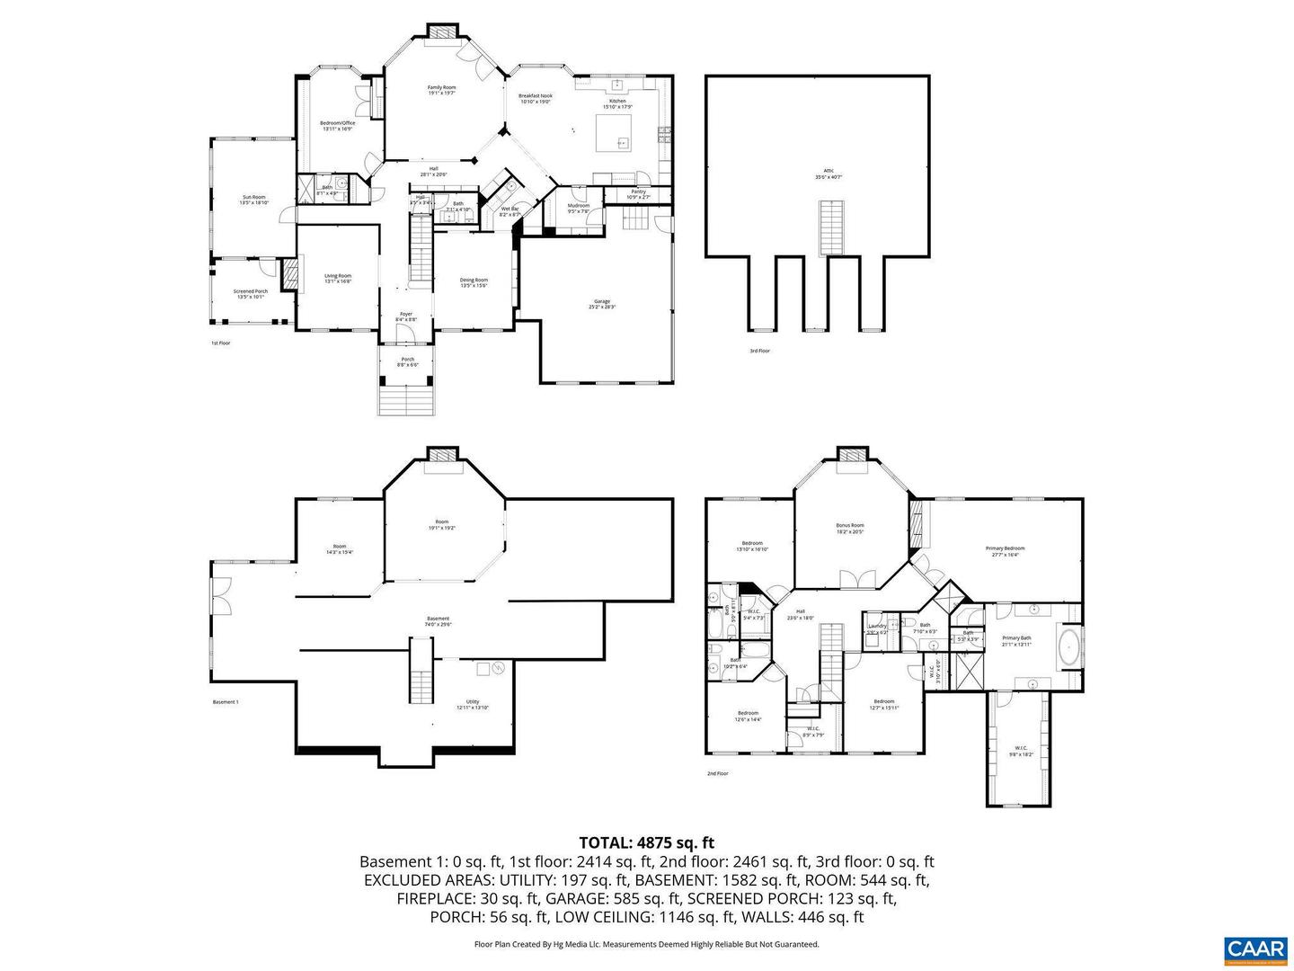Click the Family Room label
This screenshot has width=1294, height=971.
tap(441, 90)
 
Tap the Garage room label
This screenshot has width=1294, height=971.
tap(601, 304)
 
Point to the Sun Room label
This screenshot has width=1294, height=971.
tap(253, 200)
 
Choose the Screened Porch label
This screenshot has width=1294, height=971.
tap(250, 294)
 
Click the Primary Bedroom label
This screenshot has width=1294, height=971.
tap(1005, 551)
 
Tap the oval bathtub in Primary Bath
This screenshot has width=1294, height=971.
tap(1068, 647)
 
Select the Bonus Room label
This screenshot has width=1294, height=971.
tap(849, 528)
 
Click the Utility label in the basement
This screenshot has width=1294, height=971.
tap(473, 704)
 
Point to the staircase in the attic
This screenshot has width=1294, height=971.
tap(831, 227)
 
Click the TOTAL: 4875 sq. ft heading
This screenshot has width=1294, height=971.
tap(646, 842)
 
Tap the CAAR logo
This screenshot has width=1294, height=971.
tap(1255, 949)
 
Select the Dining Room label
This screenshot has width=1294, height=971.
tap(474, 282)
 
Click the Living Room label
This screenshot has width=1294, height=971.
tap(338, 279)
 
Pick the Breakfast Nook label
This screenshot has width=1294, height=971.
tap(536, 98)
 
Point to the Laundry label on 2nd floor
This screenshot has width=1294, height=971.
tap(877, 628)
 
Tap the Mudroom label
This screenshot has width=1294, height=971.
tap(579, 208)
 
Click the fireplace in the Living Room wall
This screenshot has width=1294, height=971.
tap(289, 274)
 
